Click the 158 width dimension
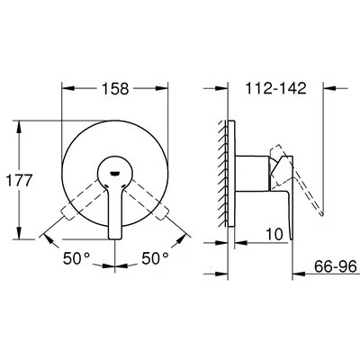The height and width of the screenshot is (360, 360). (115, 89)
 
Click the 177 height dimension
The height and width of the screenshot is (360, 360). (20, 181)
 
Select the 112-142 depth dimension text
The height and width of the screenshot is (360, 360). (275, 88)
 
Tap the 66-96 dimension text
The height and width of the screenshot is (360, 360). (336, 266)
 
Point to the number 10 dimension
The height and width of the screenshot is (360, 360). (274, 234)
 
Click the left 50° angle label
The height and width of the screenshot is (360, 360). (76, 258)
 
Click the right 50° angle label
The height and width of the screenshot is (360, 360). (155, 258)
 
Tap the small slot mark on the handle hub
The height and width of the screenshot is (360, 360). (115, 174)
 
